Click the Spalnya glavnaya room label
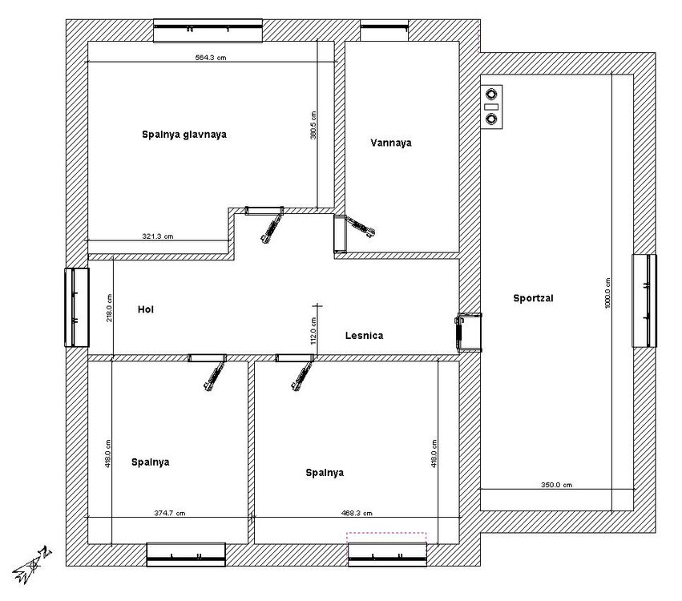pos(184,135)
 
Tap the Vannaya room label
pos(391,143)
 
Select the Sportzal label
pos(533,298)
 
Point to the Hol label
pos(146,309)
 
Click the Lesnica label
pos(364,336)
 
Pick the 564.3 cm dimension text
pos(211,58)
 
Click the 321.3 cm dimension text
pos(157,236)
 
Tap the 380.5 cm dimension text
pos(313,125)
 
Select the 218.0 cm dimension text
pos(109,308)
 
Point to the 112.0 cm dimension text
pos(313,331)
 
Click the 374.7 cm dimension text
pos(170,513)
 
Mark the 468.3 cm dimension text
pos(357,513)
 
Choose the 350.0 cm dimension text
pos(556,485)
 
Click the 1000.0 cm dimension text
pos(607,293)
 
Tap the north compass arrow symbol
pos(32,565)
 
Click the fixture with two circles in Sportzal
pos(492,107)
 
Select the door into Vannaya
pos(353,233)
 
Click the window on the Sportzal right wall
pos(644,301)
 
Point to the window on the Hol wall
pos(77,308)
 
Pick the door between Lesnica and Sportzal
pos(468,332)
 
